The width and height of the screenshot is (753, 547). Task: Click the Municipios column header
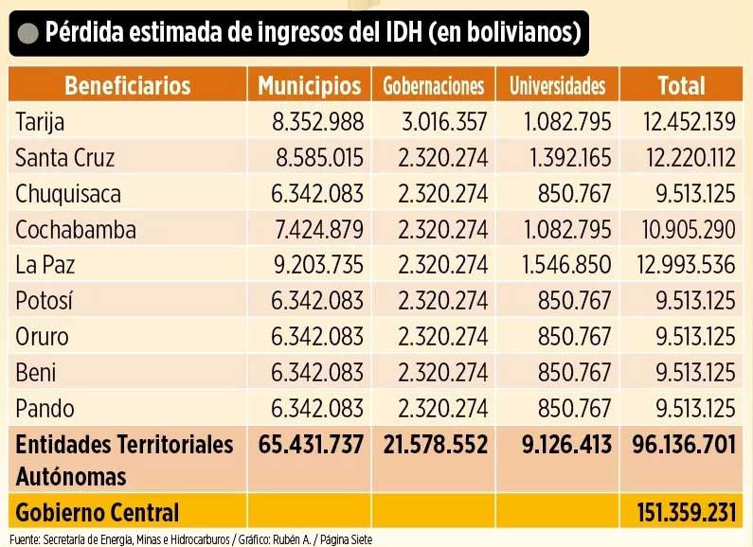click(x=310, y=85)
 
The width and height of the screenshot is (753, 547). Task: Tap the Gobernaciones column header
click(x=433, y=86)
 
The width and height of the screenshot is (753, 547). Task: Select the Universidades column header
click(x=557, y=86)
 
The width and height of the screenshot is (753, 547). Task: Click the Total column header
click(x=681, y=85)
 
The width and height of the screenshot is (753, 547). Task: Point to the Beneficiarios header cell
click(x=127, y=85)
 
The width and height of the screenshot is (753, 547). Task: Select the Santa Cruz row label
click(x=65, y=157)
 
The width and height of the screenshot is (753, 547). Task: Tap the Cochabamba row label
click(x=76, y=230)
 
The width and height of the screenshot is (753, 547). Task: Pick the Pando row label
click(x=45, y=409)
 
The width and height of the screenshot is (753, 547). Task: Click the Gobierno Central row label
click(x=97, y=513)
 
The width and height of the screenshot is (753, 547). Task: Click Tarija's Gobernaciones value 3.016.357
click(x=434, y=121)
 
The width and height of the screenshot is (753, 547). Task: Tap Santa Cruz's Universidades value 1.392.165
click(x=557, y=157)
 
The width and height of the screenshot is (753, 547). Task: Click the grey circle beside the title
click(x=27, y=34)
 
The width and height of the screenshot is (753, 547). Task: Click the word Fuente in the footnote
click(x=18, y=539)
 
